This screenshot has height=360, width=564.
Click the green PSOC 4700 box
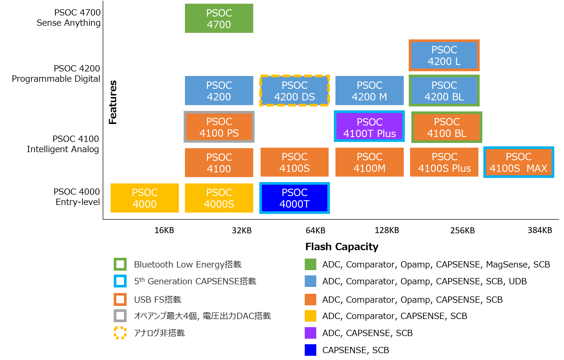219,18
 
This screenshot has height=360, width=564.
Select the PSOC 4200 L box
444,55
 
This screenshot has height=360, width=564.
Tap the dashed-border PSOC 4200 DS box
294,91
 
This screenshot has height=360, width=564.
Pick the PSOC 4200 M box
369,91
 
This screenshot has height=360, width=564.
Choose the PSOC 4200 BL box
444,91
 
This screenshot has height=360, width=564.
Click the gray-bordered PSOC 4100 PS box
219,127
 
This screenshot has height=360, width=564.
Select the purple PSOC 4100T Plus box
369,126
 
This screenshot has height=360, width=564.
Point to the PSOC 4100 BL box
447,127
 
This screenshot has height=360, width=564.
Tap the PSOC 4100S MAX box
519,162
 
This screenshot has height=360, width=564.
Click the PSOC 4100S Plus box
444,162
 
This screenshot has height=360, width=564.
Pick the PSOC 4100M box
369,162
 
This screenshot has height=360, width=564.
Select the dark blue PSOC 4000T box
294,198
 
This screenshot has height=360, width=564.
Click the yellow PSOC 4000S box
219,198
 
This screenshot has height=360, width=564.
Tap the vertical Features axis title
113,102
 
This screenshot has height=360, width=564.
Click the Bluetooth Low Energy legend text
188,264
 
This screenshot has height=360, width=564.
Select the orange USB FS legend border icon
120,299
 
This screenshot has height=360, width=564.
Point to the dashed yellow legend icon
120,333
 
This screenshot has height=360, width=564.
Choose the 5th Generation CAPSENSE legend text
195,281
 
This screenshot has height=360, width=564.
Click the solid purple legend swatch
310,333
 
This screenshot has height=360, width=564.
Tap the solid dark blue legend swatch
310,350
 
